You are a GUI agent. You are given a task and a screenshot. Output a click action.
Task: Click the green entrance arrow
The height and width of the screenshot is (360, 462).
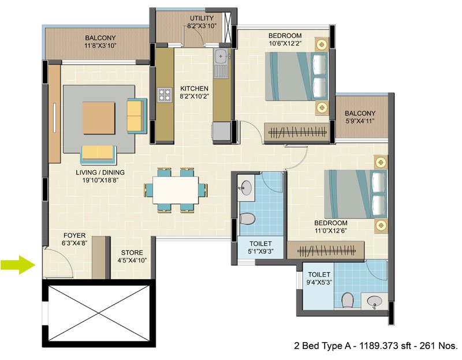tap(18, 265)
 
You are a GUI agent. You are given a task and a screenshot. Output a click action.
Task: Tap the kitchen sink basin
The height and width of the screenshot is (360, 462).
tap(221, 56)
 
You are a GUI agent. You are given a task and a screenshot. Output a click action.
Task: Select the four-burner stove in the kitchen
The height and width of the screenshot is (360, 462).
tap(165, 95)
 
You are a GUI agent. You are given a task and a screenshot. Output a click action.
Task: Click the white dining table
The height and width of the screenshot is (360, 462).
tap(176, 190)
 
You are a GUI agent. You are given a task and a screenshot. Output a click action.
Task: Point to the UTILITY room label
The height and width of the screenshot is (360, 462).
tap(202, 18)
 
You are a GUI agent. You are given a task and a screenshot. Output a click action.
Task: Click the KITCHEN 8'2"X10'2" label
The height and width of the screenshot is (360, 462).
tap(195, 92)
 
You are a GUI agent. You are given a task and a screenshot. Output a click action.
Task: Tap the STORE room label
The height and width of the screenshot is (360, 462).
tap(132, 253)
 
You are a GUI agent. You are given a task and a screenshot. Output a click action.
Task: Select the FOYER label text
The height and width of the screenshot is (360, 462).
tap(74, 235)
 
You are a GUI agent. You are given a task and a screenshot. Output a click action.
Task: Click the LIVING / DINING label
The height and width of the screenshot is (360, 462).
tap(100, 172)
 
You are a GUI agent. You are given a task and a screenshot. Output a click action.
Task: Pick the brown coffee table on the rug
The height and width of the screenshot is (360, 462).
tap(99, 118)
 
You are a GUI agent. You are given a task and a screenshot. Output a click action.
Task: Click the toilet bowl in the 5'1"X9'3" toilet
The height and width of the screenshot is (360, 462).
tap(247, 219)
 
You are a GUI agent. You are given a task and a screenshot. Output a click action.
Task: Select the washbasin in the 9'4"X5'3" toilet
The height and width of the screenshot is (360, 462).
tap(374, 301)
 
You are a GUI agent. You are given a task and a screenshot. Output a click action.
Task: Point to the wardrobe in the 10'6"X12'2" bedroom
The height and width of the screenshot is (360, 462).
tap(297, 132)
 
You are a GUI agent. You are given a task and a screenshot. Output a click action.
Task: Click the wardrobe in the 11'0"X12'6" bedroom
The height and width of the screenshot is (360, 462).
tap(326, 251)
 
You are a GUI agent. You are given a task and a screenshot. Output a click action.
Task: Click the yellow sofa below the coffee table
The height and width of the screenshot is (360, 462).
tap(98, 154)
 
